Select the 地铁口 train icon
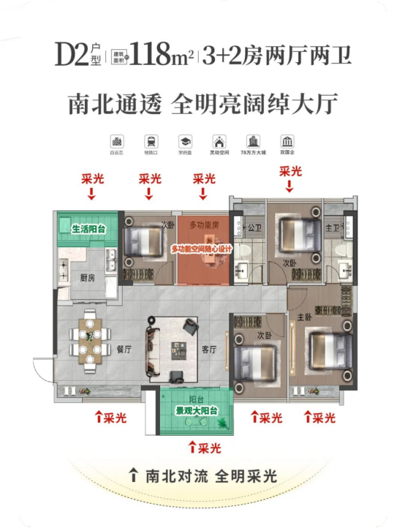tap(150, 141)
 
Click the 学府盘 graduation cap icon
tap(183, 141)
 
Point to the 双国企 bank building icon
tap(287, 141)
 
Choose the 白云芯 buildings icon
tap(116, 141)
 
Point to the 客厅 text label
tap(209, 350)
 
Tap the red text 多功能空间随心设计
tap(201, 249)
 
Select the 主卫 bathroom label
tap(331, 227)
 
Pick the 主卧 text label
tap(304, 317)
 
